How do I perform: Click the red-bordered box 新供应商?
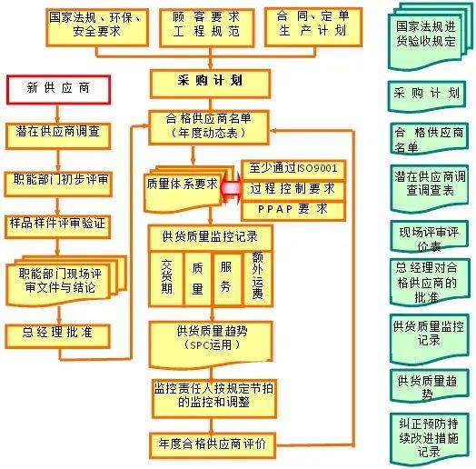click(x=58, y=90)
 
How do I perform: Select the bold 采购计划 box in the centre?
click(x=210, y=84)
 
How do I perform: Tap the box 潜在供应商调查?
click(x=58, y=135)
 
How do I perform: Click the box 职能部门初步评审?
click(x=58, y=184)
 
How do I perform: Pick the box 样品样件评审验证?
click(x=57, y=226)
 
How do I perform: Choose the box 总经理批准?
click(x=57, y=336)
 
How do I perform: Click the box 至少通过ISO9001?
click(x=293, y=170)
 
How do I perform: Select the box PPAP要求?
click(x=293, y=211)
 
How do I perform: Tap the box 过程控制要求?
click(x=293, y=190)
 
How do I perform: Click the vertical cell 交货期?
click(x=166, y=278)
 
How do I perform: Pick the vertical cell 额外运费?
click(x=258, y=278)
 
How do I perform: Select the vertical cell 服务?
click(x=227, y=278)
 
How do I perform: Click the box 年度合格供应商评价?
click(x=213, y=445)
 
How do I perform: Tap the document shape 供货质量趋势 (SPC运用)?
click(x=211, y=344)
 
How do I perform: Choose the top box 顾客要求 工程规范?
click(x=207, y=27)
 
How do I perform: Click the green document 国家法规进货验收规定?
click(x=430, y=36)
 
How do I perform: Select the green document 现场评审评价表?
click(x=430, y=236)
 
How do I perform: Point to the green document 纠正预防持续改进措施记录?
click(x=430, y=439)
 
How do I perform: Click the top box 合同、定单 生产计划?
click(x=313, y=27)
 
